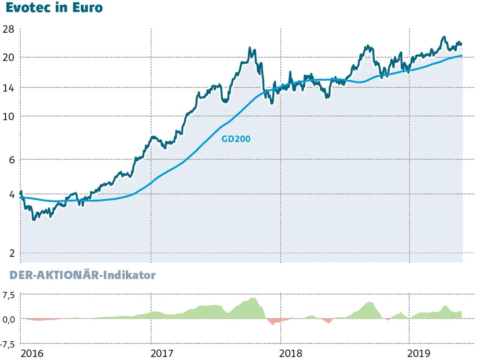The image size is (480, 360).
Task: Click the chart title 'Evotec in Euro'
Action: point(54,9)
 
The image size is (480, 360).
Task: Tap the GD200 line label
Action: point(236,139)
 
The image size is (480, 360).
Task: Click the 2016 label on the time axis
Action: point(32,354)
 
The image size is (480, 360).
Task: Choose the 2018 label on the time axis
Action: point(291,354)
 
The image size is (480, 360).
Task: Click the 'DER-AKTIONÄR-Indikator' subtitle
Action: point(78,276)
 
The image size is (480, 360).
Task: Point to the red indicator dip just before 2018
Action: point(273,322)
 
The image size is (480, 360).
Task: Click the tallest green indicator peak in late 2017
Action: point(253,299)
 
